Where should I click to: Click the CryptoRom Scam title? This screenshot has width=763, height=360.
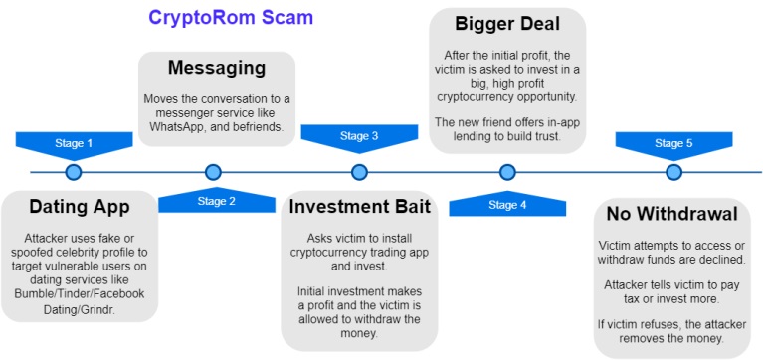tap(231, 18)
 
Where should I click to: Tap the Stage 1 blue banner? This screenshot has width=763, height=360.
tap(74, 145)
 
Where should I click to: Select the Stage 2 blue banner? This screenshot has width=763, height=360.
tap(217, 200)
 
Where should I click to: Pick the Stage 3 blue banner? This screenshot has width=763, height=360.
tap(359, 138)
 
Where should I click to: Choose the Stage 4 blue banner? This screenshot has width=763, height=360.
tap(507, 203)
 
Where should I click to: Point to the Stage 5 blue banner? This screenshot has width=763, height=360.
tap(673, 145)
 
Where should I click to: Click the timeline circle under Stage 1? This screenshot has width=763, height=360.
tap(74, 172)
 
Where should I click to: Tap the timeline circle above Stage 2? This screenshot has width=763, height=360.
tap(213, 172)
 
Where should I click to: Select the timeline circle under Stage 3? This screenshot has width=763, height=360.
tap(359, 172)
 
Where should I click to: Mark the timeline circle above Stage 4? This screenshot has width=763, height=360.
tap(507, 172)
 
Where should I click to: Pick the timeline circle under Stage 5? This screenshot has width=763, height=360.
tap(673, 172)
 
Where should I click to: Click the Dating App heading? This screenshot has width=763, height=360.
tap(80, 207)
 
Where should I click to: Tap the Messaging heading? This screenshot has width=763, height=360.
tap(217, 68)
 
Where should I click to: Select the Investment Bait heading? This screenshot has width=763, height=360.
tap(359, 206)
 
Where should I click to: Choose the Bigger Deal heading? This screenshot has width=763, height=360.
tap(507, 24)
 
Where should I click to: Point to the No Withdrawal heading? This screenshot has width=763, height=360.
tap(672, 215)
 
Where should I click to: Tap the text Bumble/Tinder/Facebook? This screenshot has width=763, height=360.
tap(80, 294)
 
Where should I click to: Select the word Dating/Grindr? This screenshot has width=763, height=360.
tap(80, 310)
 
